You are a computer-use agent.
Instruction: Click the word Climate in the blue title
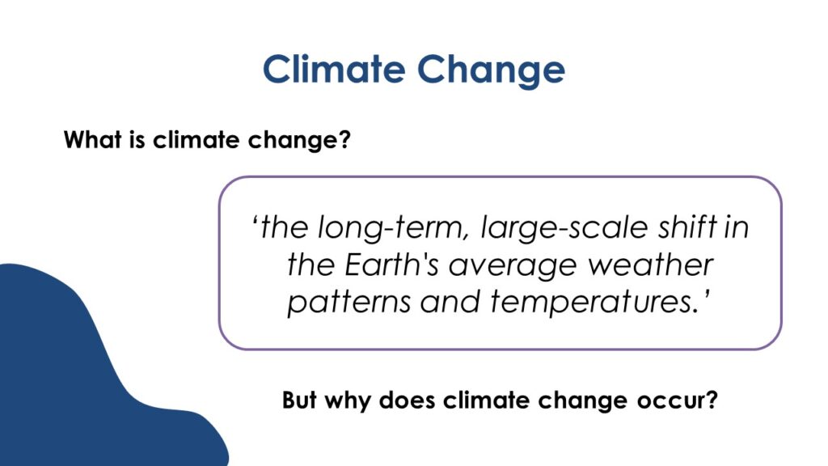pyautogui.click(x=334, y=69)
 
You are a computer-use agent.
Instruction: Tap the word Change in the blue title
pyautogui.click(x=491, y=71)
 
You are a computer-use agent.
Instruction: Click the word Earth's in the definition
pyautogui.click(x=391, y=265)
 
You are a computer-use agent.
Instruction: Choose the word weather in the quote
pyautogui.click(x=651, y=265)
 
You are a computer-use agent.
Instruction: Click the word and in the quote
pyautogui.click(x=450, y=302)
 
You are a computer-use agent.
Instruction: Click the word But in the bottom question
pyautogui.click(x=299, y=400)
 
